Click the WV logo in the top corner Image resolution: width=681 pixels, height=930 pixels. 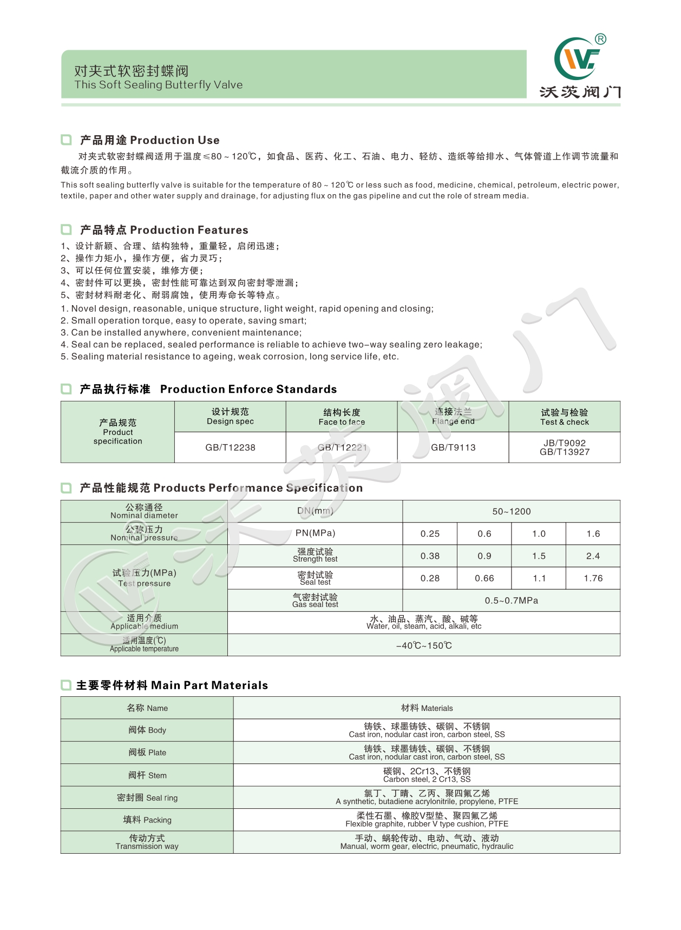pyautogui.click(x=577, y=59)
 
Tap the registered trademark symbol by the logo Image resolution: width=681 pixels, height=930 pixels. pyautogui.click(x=600, y=39)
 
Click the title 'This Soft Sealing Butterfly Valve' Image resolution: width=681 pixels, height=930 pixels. pyautogui.click(x=159, y=85)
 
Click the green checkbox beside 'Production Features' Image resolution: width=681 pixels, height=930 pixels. pyautogui.click(x=66, y=230)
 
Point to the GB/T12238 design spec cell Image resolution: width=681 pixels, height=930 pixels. pyautogui.click(x=230, y=447)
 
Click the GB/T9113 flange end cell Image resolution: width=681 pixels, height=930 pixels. pyautogui.click(x=453, y=447)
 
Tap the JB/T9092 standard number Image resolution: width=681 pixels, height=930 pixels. pyautogui.click(x=565, y=443)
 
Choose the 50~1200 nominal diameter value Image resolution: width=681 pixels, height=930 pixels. pyautogui.click(x=512, y=511)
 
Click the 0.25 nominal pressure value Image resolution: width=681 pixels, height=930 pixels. pyautogui.click(x=430, y=533)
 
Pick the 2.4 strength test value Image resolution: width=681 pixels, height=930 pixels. pyautogui.click(x=593, y=556)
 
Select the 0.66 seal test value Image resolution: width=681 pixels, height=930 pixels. pyautogui.click(x=484, y=578)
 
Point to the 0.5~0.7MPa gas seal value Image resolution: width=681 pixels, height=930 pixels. pyautogui.click(x=512, y=601)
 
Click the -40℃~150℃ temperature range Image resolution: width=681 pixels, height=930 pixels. pyautogui.click(x=424, y=645)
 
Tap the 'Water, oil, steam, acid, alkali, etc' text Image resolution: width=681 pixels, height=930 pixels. pyautogui.click(x=424, y=626)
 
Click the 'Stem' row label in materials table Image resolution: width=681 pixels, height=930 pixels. pyautogui.click(x=147, y=775)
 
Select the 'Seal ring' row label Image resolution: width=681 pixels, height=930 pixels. pyautogui.click(x=147, y=797)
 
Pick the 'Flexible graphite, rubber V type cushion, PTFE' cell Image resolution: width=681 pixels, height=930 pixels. pyautogui.click(x=427, y=824)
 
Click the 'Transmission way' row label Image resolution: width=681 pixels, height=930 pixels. pyautogui.click(x=147, y=846)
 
